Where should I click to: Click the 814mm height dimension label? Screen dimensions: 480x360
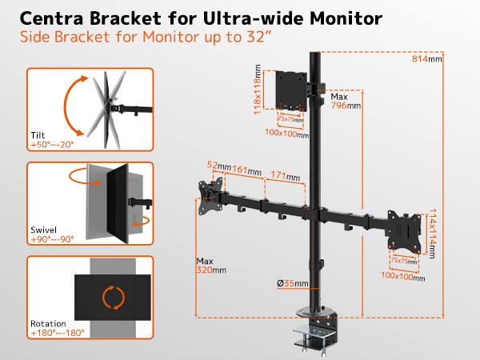[426, 58]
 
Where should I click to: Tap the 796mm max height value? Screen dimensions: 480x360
[346, 106]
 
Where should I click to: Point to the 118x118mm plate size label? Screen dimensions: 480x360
[258, 90]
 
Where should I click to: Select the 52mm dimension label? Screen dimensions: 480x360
[219, 166]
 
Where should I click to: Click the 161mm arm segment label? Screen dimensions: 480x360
[246, 170]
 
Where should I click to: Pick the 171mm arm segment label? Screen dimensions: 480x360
[286, 176]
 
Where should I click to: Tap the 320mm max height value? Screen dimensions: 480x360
[211, 270]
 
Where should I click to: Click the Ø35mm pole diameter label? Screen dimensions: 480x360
[292, 283]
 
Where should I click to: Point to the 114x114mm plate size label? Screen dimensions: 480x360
[432, 234]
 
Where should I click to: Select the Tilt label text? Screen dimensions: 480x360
[38, 135]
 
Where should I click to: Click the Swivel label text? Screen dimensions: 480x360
[43, 230]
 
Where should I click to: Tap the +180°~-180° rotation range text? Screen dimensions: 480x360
[58, 333]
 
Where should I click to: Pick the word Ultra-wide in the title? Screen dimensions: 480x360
[254, 18]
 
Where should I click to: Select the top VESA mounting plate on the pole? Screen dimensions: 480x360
[291, 90]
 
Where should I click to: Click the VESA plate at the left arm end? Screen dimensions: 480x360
[210, 196]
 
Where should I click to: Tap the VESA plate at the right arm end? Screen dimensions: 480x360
[404, 231]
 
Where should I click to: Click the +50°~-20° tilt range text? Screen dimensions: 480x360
[52, 145]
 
